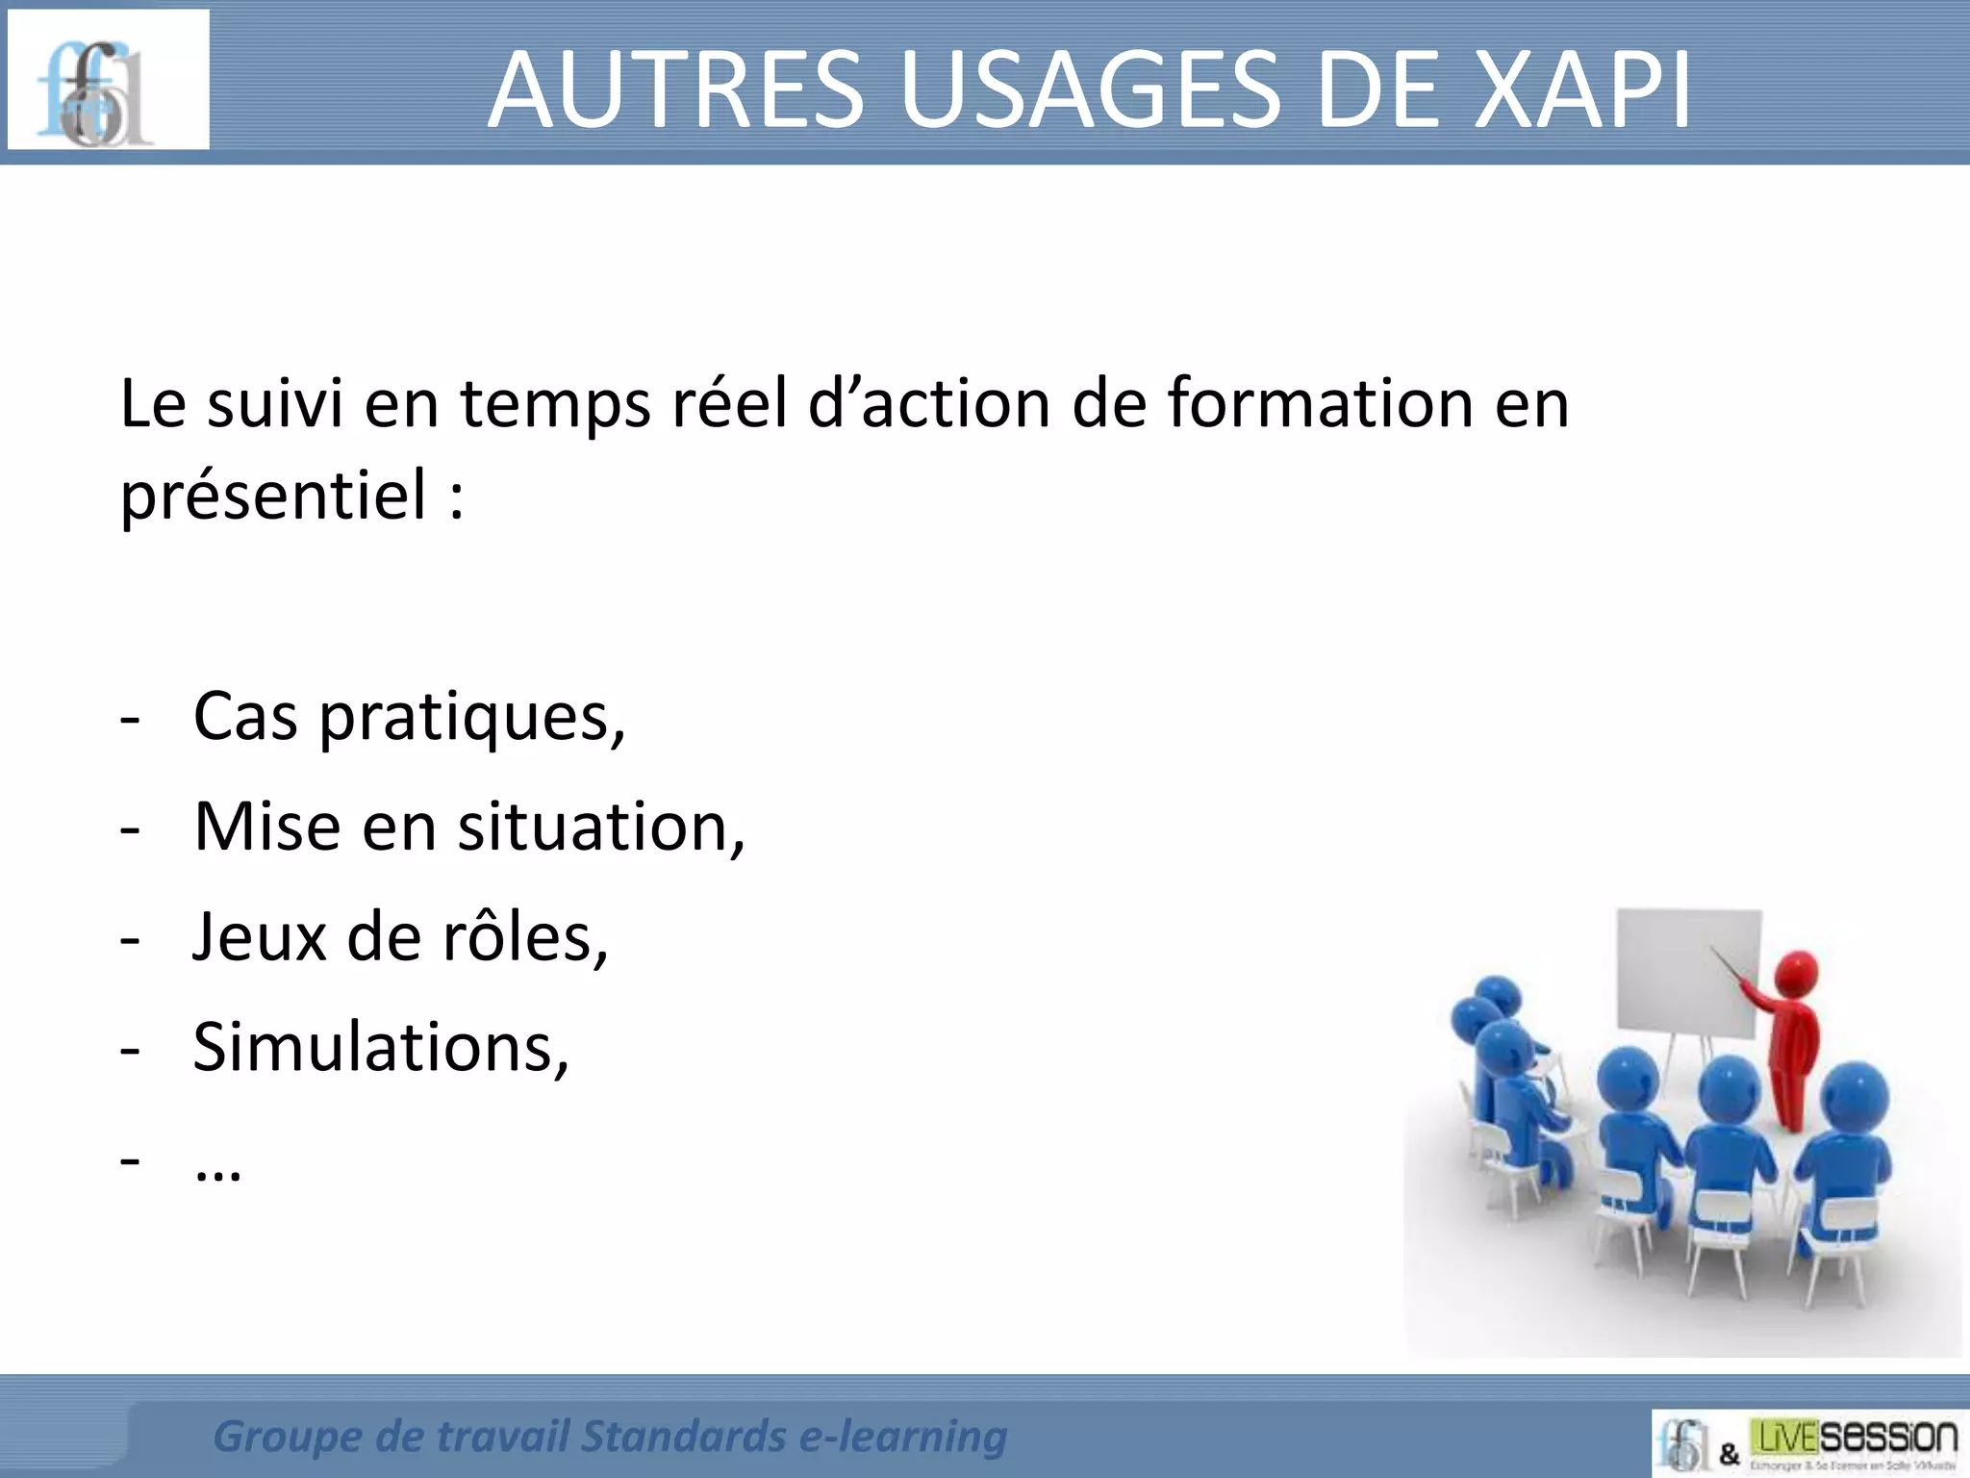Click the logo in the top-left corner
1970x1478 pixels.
tap(108, 80)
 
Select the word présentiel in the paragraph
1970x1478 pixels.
tap(273, 496)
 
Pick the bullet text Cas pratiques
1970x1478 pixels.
tap(408, 717)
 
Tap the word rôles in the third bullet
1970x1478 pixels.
tap(523, 937)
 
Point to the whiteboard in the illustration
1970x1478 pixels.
tap(1688, 972)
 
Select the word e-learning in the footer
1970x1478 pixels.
tap(902, 1437)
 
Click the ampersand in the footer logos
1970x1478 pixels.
tap(1729, 1454)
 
